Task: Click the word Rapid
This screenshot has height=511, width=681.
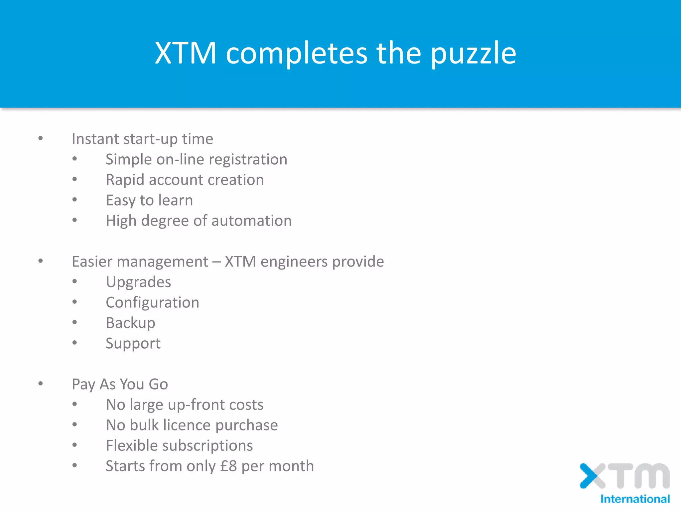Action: pos(125,180)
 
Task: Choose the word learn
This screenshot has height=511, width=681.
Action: pos(175,200)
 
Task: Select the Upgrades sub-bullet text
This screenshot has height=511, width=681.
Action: pos(138,282)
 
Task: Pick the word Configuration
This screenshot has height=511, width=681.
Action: pos(152,303)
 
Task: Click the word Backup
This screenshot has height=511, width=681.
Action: pos(130,323)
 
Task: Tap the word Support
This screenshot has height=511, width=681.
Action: pos(133,344)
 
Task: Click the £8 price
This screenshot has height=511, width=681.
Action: pos(228,466)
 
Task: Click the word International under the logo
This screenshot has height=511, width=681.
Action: pos(635,499)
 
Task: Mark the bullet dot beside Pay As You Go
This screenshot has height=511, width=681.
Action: pos(41,384)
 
